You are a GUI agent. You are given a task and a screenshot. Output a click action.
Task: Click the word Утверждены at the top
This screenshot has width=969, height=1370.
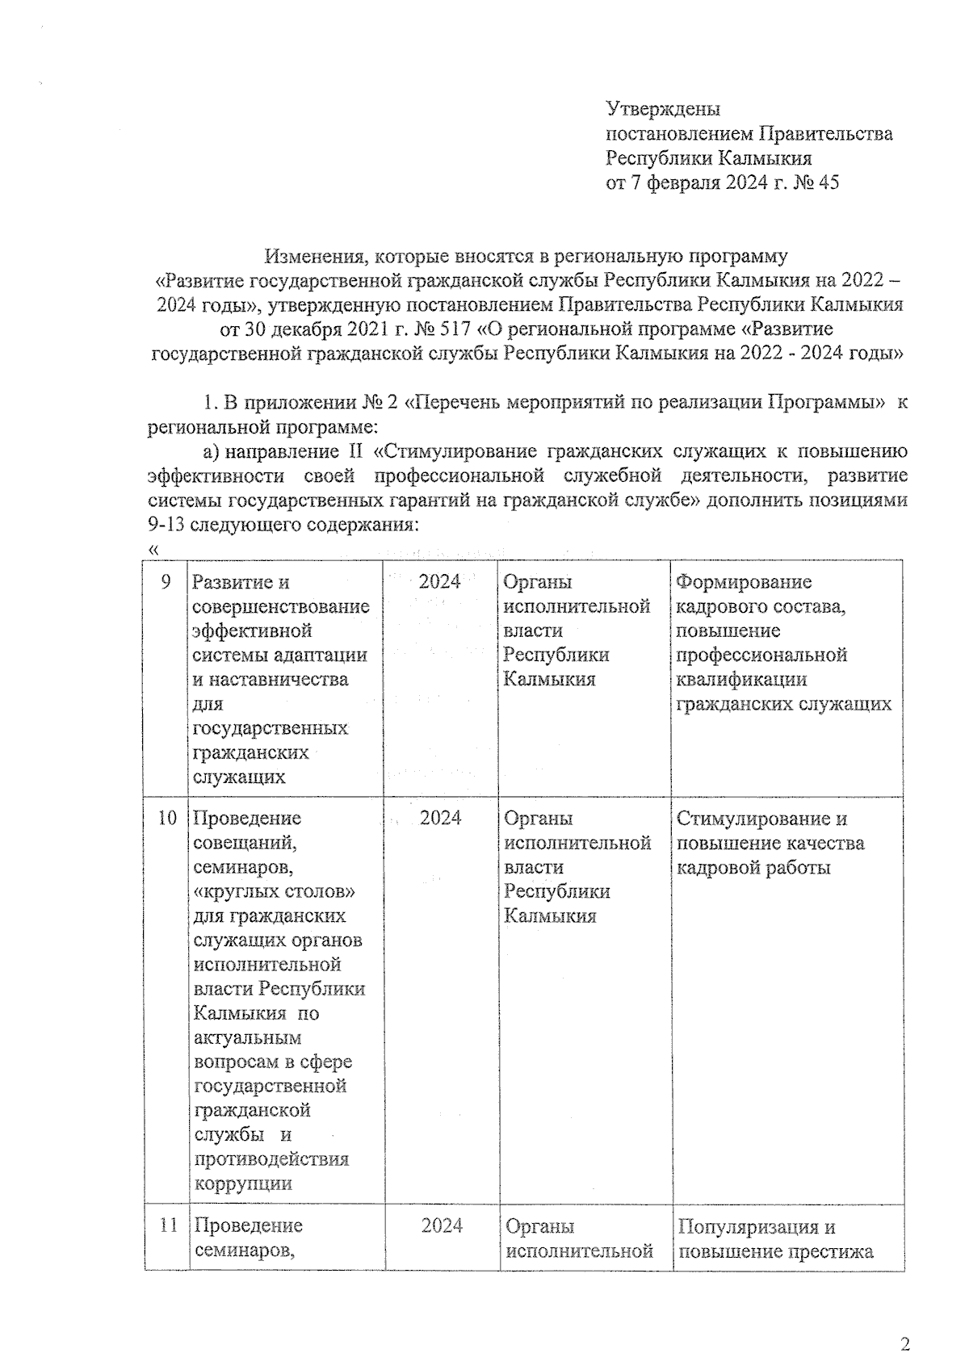click(662, 109)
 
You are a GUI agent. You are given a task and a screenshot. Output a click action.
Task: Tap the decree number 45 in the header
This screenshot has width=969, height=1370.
click(828, 182)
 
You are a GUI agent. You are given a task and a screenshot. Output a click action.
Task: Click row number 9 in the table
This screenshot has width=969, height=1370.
click(166, 581)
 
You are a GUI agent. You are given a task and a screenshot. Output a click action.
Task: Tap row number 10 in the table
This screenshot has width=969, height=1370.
click(166, 818)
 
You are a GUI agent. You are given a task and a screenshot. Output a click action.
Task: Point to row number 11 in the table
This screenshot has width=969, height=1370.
click(167, 1225)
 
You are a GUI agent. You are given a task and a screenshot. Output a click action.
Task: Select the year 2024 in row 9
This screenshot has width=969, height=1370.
click(440, 581)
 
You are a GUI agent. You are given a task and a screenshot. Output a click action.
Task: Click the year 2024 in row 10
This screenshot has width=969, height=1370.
click(441, 818)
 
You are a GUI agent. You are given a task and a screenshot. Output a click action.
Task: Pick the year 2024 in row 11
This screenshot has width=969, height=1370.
click(442, 1225)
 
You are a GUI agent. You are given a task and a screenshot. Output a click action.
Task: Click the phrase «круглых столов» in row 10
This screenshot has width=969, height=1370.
click(275, 891)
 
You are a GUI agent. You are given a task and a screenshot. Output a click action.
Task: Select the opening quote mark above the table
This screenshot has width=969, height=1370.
click(152, 549)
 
